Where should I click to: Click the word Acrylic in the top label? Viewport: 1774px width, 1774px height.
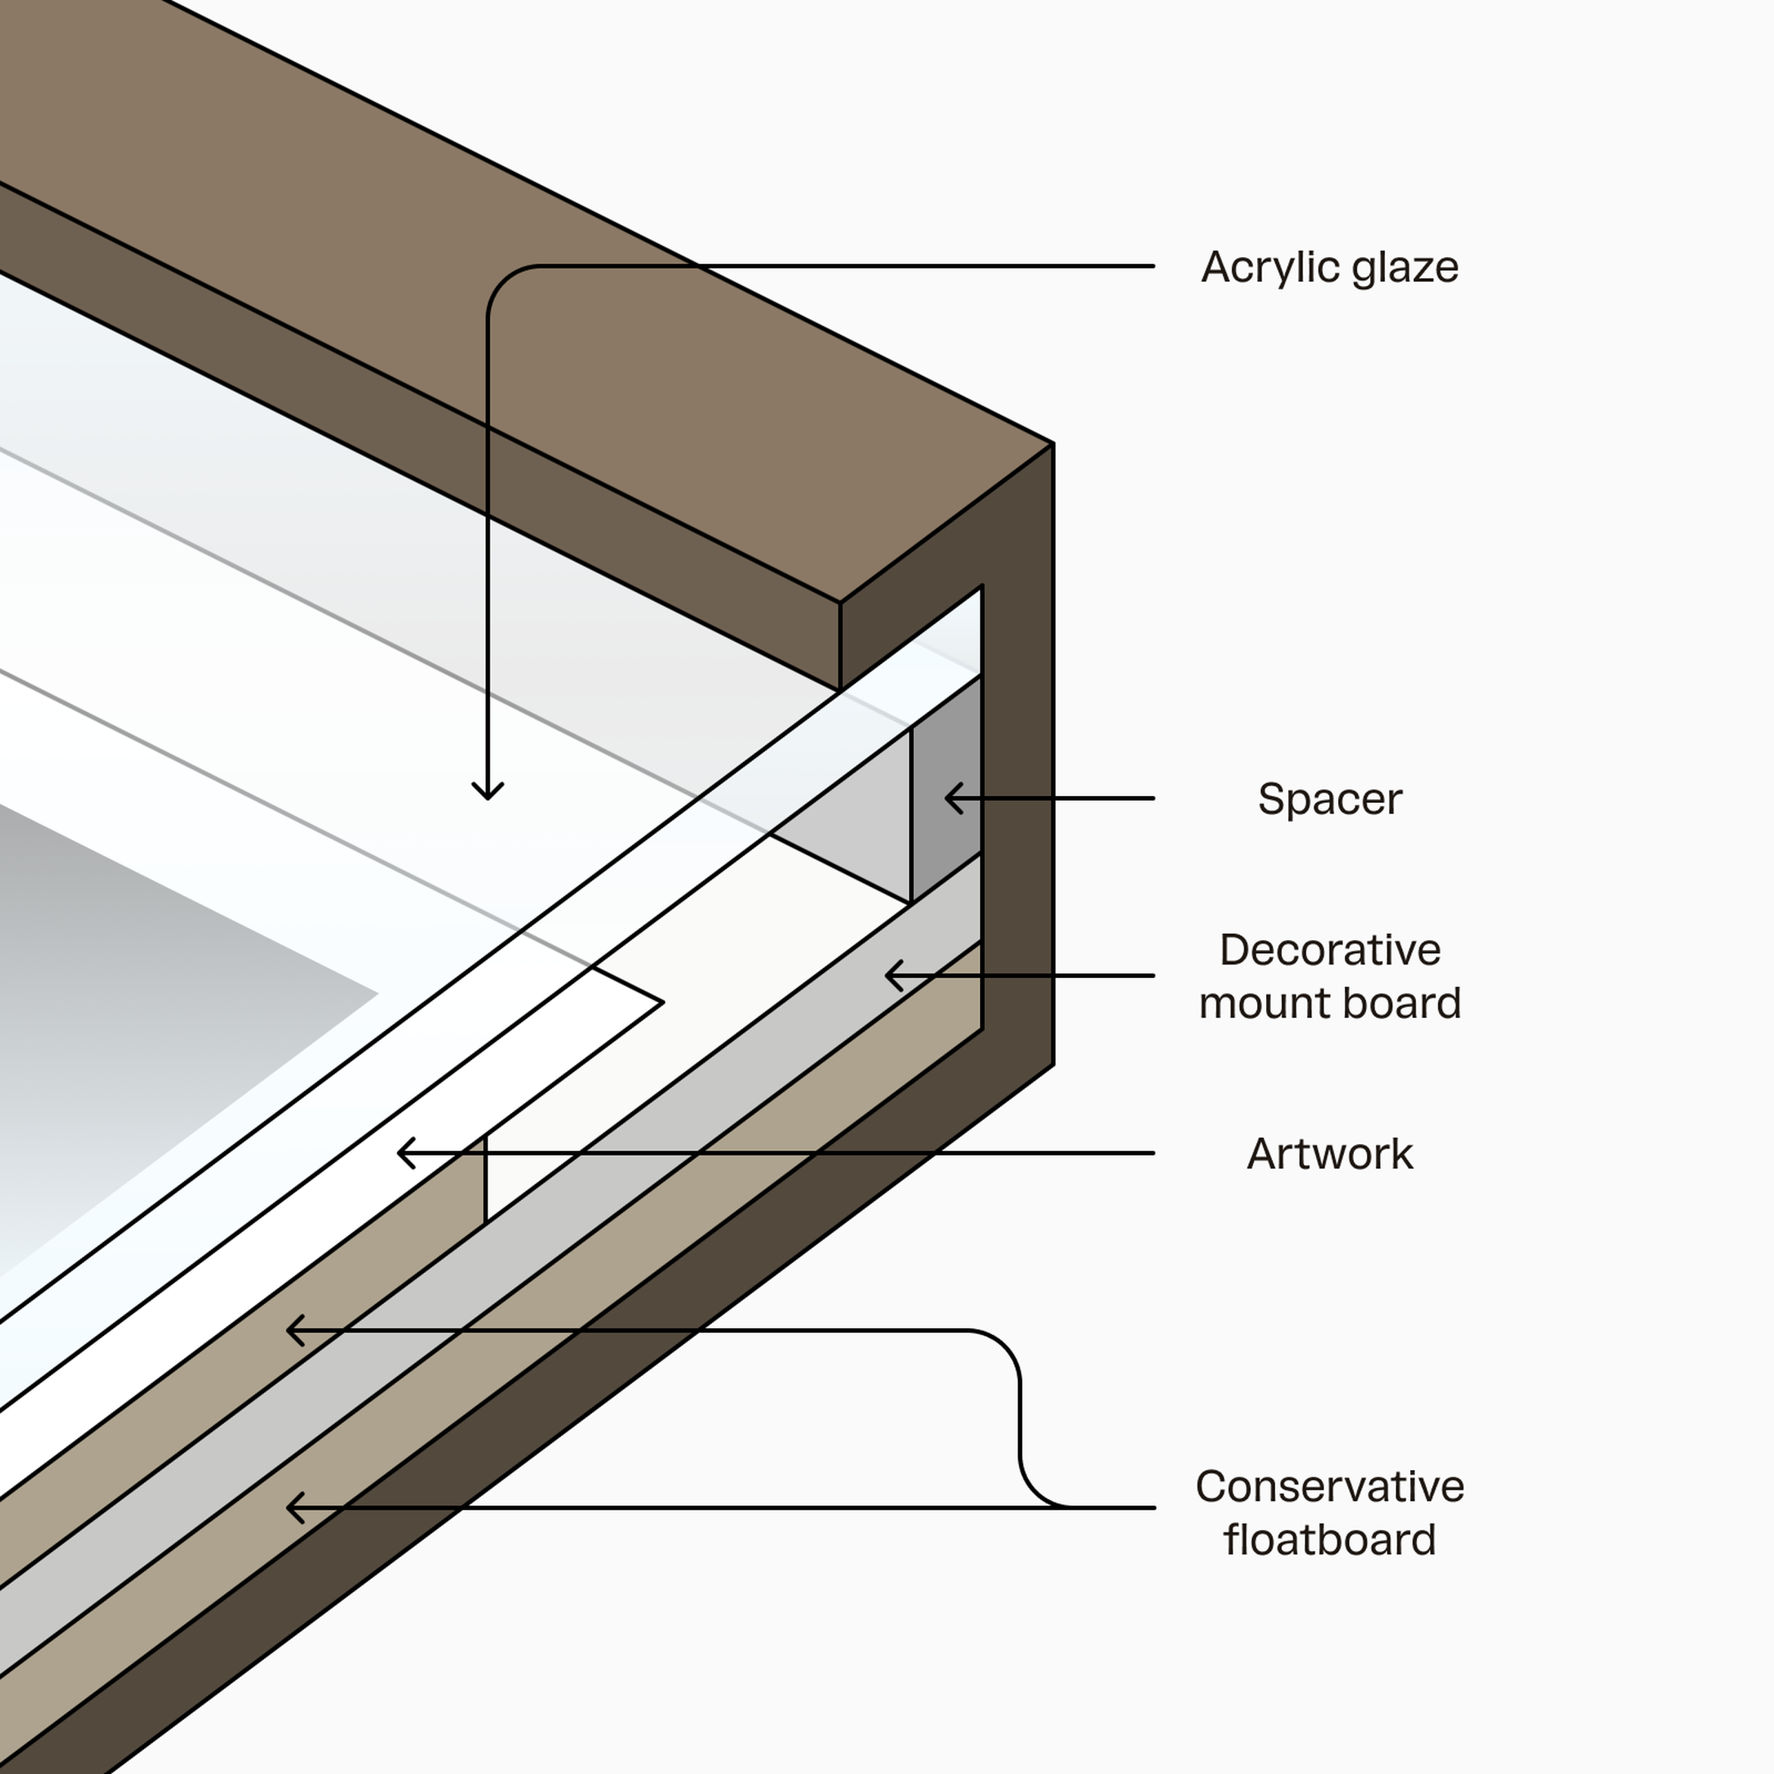click(1259, 267)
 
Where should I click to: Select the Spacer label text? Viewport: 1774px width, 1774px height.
click(1330, 799)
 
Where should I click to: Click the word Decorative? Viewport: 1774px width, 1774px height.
click(1330, 949)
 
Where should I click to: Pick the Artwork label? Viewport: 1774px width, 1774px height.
click(1330, 1154)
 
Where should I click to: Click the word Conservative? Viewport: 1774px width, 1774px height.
click(1330, 1487)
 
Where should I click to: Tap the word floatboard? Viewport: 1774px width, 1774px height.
click(1330, 1540)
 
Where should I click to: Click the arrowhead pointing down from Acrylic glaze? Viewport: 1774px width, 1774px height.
click(487, 795)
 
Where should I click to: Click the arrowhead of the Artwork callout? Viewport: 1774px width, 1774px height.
click(402, 1153)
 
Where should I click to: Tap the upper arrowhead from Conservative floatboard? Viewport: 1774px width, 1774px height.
click(291, 1330)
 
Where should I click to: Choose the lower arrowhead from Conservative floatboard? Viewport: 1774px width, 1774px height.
click(291, 1508)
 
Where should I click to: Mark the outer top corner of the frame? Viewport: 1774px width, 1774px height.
click(1052, 444)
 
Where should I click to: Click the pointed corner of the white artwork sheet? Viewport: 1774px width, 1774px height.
click(662, 1003)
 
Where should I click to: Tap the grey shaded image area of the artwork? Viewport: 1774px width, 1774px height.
click(138, 1010)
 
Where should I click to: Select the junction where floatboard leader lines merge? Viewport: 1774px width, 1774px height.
click(1065, 1507)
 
